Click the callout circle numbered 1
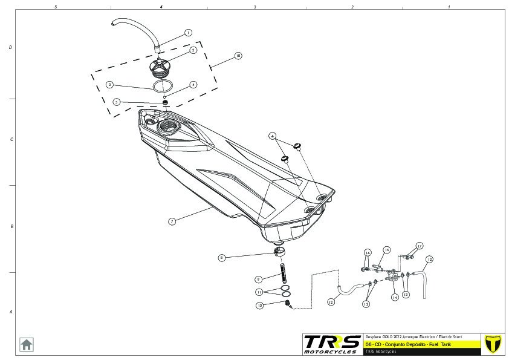click(x=188, y=33)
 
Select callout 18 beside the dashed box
click(x=238, y=56)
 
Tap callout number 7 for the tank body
click(x=172, y=221)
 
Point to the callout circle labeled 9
click(x=258, y=279)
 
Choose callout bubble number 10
click(x=260, y=306)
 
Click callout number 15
click(x=387, y=249)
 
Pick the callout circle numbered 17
click(x=419, y=246)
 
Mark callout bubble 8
click(x=222, y=258)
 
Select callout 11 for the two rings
click(x=259, y=292)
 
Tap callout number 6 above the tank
click(x=273, y=136)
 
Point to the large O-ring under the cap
click(x=160, y=86)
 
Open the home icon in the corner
click(x=27, y=344)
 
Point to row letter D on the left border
click(x=10, y=47)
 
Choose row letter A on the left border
click(x=10, y=312)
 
